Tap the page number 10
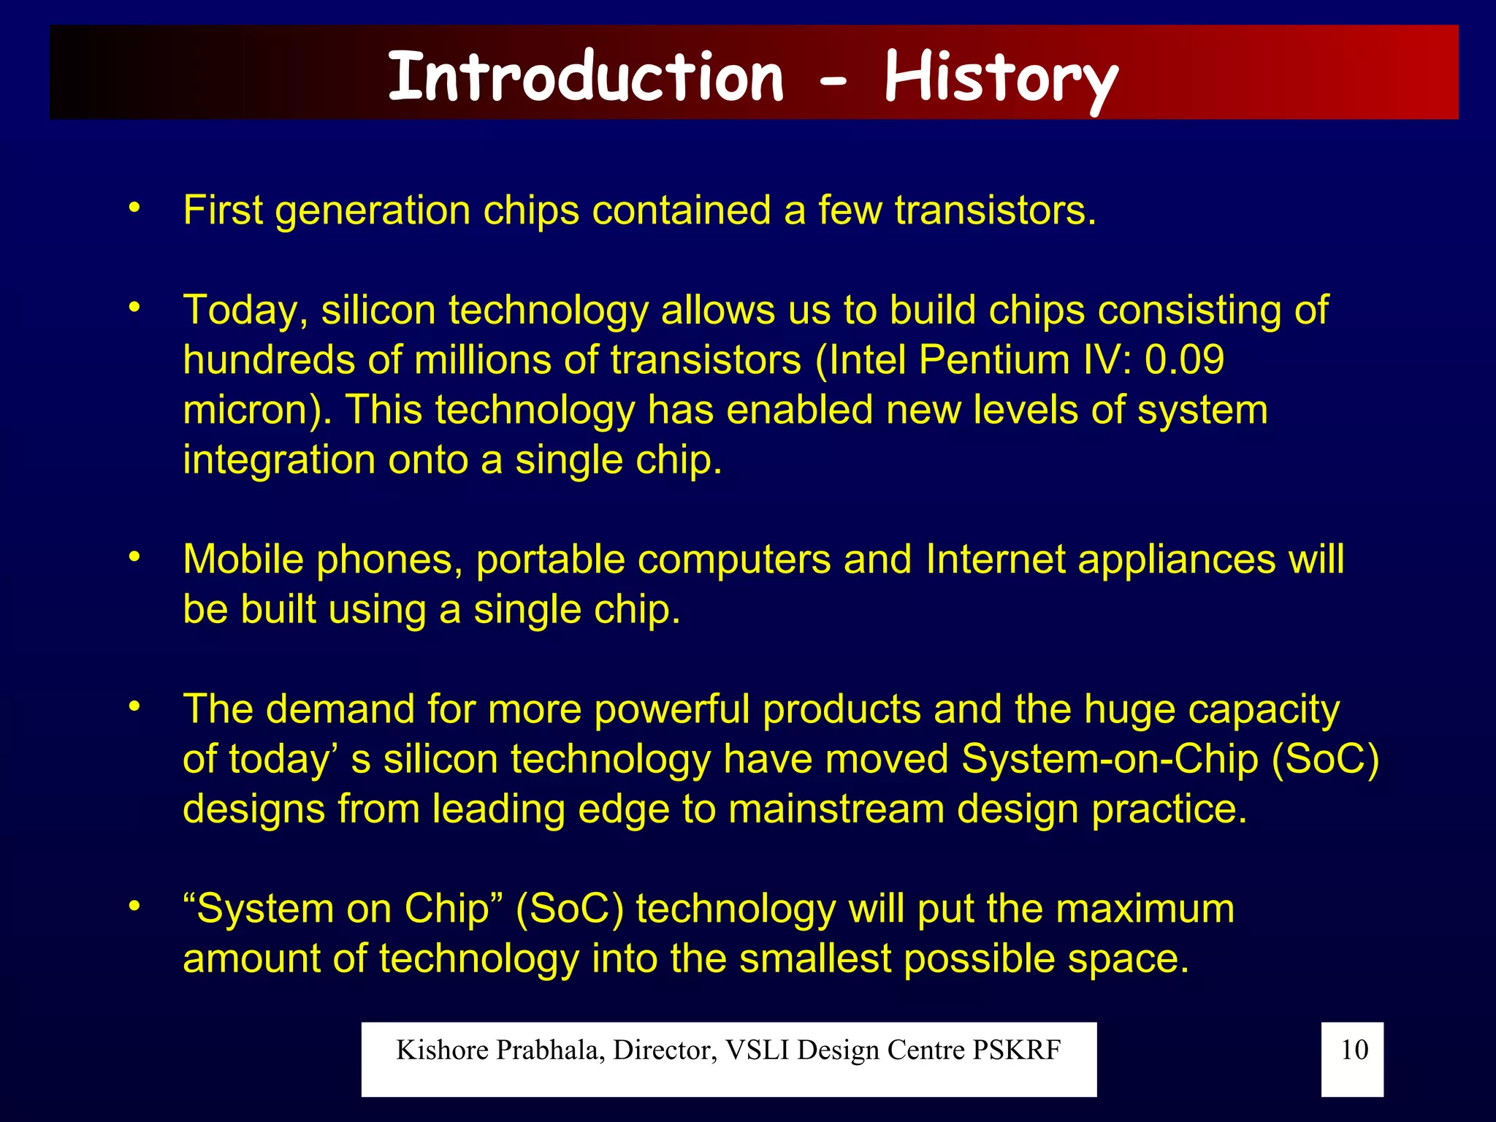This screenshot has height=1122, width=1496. [1354, 1050]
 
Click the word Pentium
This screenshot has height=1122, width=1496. [994, 360]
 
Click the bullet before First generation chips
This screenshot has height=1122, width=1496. [134, 209]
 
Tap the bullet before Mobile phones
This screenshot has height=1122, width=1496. [134, 558]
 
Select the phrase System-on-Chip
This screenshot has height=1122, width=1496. [1110, 759]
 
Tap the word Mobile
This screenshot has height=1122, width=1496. [243, 560]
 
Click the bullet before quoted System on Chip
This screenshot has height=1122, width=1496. [134, 907]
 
